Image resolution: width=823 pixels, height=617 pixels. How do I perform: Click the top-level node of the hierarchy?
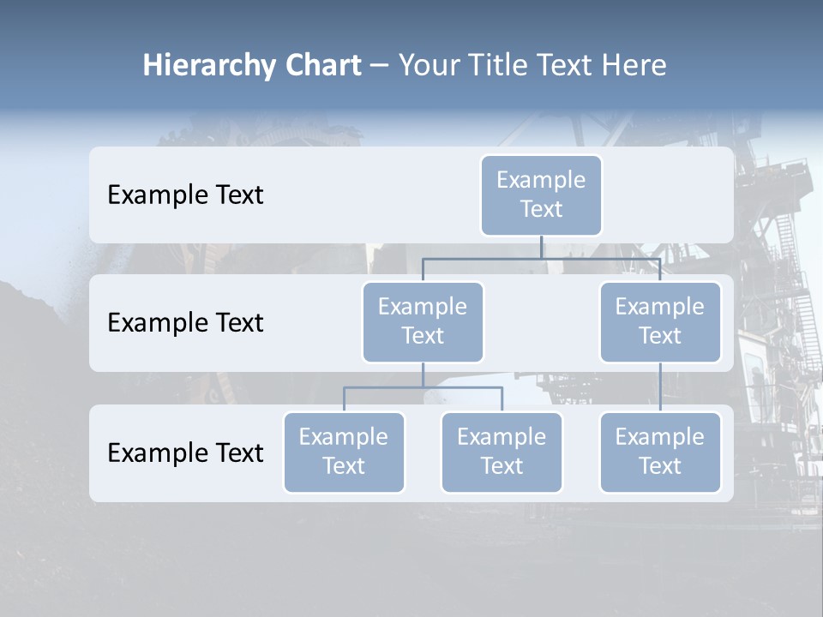[x=541, y=195]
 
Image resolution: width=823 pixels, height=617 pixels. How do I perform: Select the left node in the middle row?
[x=423, y=321]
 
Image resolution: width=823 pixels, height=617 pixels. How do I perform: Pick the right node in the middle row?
[x=660, y=321]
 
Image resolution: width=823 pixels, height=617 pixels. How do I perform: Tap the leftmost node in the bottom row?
[x=344, y=452]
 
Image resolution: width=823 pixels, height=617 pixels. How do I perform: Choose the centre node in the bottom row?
[x=502, y=452]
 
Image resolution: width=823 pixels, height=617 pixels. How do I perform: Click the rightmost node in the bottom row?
[x=660, y=452]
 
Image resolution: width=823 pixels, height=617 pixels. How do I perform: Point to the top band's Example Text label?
[x=185, y=195]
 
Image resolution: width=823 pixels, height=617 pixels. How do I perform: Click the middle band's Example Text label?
[x=185, y=323]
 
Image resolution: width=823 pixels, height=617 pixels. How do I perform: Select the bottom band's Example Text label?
[x=185, y=452]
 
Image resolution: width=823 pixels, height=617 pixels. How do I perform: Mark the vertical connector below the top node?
[x=541, y=247]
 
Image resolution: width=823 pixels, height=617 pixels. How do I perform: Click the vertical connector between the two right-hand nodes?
[x=660, y=387]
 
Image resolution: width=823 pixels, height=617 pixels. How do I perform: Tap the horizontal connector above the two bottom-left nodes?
[x=423, y=387]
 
